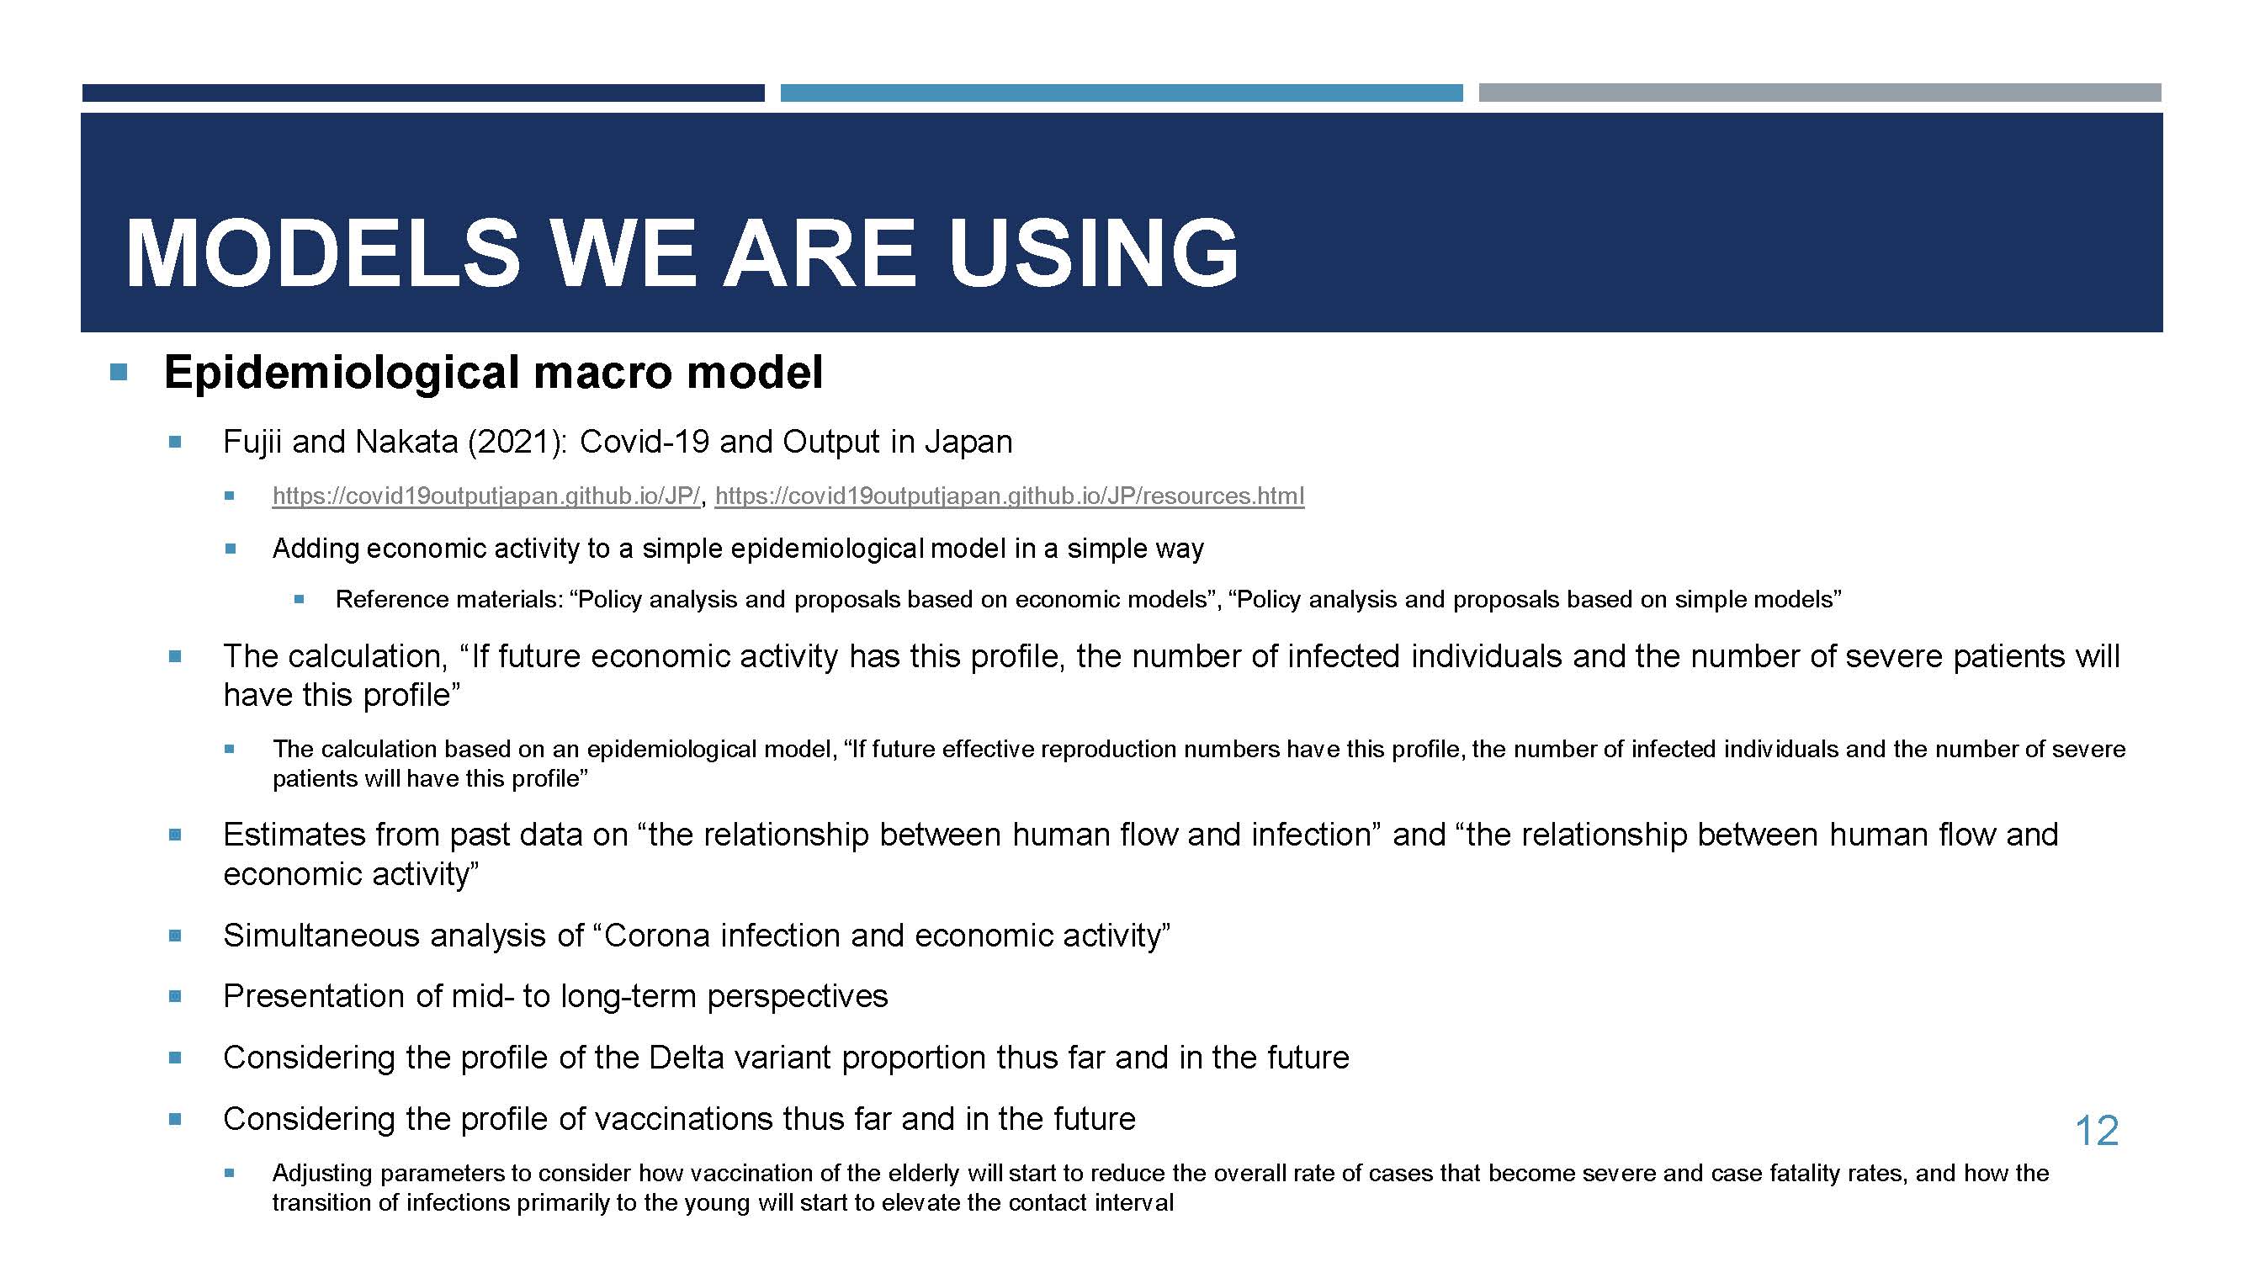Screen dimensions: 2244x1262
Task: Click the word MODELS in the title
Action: (x=323, y=252)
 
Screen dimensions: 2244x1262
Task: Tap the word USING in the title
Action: (x=1093, y=252)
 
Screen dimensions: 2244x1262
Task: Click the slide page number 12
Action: (x=2097, y=1131)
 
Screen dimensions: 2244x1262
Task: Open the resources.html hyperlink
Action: (x=1010, y=496)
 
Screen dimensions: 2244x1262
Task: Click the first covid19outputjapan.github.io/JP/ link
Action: (x=486, y=496)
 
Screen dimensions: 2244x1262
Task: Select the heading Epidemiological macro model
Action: (x=493, y=373)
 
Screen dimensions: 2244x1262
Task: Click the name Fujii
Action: (x=253, y=443)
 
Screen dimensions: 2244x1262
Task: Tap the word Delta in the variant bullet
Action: (x=687, y=1058)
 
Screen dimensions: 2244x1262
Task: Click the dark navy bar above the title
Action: (x=423, y=93)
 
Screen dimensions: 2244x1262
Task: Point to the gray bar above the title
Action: (x=1820, y=93)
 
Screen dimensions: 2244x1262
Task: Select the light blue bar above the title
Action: (x=1121, y=93)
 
